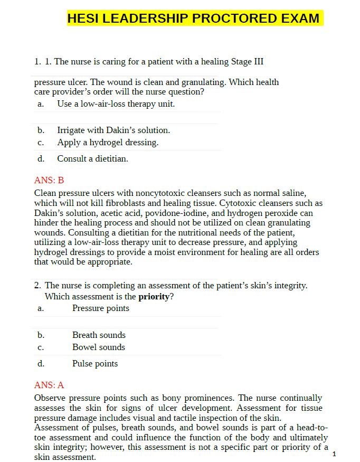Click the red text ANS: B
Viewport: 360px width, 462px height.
(x=49, y=180)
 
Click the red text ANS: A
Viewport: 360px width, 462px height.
(x=49, y=385)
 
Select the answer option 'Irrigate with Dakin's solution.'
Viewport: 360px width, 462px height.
(x=113, y=130)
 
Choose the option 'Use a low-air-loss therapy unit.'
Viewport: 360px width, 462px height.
(x=116, y=103)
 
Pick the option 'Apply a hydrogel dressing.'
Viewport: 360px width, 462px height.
(x=108, y=142)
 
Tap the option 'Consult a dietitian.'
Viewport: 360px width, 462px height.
(x=92, y=158)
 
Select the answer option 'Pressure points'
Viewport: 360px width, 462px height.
(x=100, y=308)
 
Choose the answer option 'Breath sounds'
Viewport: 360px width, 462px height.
(x=99, y=335)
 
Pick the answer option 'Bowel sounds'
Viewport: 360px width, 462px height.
(x=99, y=347)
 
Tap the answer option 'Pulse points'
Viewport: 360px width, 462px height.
(x=95, y=363)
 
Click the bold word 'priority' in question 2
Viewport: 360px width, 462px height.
(x=154, y=296)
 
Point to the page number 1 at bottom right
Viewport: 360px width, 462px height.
(x=334, y=454)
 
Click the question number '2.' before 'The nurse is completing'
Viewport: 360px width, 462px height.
(x=37, y=285)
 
